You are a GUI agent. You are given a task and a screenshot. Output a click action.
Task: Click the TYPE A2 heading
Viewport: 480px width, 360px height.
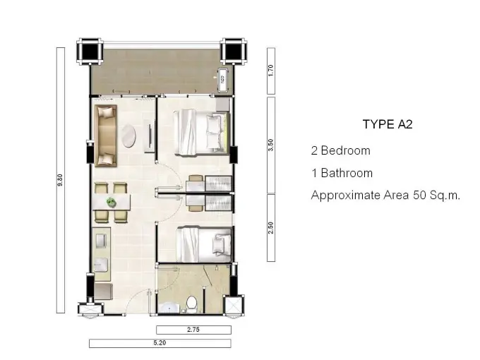pyautogui.click(x=388, y=124)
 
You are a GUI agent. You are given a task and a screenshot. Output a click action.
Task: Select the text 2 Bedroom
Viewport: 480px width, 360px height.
pyautogui.click(x=341, y=150)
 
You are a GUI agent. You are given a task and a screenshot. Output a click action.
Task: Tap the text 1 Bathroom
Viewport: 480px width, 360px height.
pyautogui.click(x=342, y=173)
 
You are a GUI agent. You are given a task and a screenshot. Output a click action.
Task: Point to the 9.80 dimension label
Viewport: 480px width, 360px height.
pyautogui.click(x=60, y=180)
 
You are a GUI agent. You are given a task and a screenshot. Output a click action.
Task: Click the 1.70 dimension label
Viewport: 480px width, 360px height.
pyautogui.click(x=270, y=71)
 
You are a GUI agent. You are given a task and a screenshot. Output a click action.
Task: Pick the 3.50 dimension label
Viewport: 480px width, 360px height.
pyautogui.click(x=270, y=145)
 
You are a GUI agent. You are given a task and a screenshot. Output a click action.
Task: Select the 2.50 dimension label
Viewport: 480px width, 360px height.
pyautogui.click(x=270, y=228)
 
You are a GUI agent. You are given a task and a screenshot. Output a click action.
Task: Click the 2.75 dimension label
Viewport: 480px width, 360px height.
pyautogui.click(x=193, y=330)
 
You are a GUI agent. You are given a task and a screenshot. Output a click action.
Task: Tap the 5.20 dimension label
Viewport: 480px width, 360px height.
pyautogui.click(x=160, y=343)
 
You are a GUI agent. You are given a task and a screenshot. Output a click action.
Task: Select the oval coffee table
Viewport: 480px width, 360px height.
pyautogui.click(x=128, y=136)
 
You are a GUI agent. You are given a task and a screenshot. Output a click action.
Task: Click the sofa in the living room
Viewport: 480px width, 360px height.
pyautogui.click(x=106, y=136)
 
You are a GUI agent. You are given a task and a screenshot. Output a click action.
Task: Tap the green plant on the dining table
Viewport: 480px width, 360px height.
pyautogui.click(x=111, y=202)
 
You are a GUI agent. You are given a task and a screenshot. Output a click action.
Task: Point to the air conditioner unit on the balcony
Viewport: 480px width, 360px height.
pyautogui.click(x=222, y=80)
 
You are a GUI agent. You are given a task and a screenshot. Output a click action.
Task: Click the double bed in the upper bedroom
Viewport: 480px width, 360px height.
pyautogui.click(x=201, y=133)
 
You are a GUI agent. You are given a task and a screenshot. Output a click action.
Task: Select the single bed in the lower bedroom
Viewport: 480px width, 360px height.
pyautogui.click(x=203, y=244)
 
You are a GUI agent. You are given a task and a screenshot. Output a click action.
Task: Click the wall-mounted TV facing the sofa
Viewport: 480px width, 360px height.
pyautogui.click(x=150, y=136)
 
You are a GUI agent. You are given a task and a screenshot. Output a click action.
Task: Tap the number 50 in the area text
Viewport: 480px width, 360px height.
pyautogui.click(x=420, y=196)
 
